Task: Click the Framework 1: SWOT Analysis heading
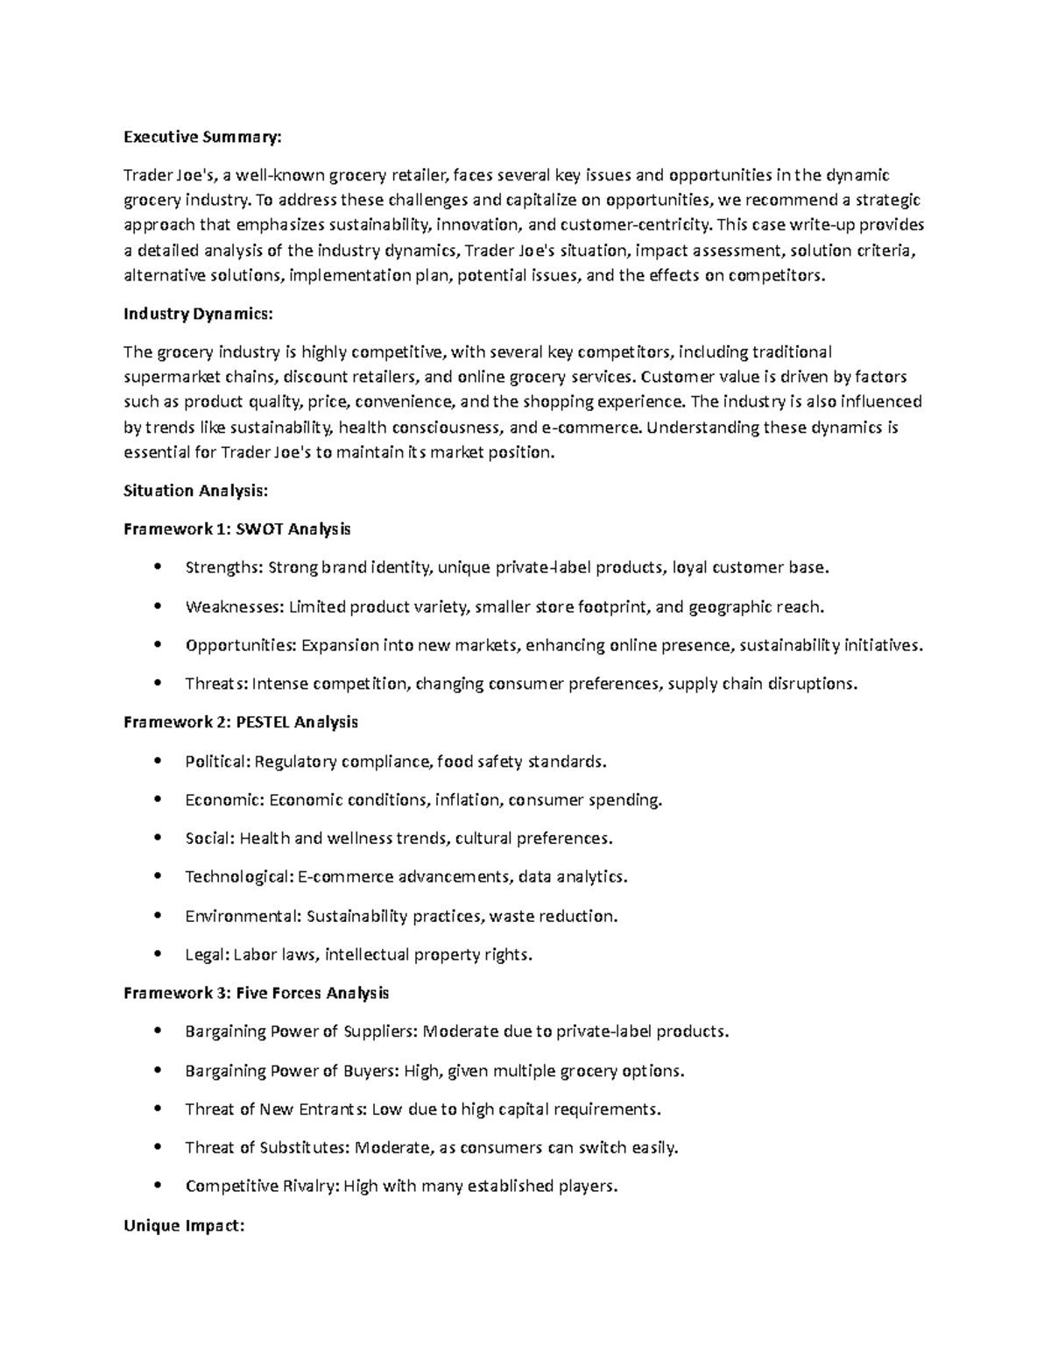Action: click(x=236, y=528)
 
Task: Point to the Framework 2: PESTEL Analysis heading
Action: click(x=241, y=722)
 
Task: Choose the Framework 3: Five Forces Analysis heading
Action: click(x=256, y=993)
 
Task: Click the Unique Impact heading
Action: click(x=183, y=1226)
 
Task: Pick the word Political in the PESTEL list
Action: click(x=217, y=762)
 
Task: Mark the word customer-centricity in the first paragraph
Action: click(x=636, y=224)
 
